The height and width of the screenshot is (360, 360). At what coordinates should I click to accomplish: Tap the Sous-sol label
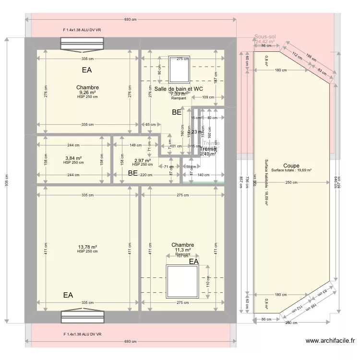coord(265,36)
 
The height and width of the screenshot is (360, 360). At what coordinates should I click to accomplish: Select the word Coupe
coord(291,166)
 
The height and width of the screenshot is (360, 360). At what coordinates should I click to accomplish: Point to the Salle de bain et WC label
coord(178,89)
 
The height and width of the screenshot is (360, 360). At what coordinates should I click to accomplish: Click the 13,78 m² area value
coord(87,247)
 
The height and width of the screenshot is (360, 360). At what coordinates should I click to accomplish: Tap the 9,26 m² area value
coord(87,93)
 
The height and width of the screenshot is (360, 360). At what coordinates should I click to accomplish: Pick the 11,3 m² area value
coord(182,250)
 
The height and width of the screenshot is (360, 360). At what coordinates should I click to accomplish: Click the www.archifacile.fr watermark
coord(330,341)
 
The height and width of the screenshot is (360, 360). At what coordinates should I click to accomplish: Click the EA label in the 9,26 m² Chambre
coord(87,70)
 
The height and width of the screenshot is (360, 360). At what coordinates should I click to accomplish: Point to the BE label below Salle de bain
coord(177,113)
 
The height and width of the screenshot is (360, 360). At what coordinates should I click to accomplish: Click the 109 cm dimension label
coord(208,97)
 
